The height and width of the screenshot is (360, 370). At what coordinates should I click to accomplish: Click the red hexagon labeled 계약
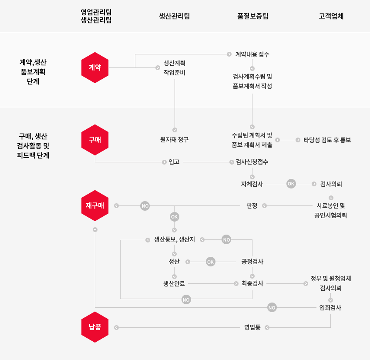[x=95, y=67]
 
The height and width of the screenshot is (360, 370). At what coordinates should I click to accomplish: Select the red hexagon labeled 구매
[x=95, y=140]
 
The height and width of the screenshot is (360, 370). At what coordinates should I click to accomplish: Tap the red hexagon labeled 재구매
[x=95, y=205]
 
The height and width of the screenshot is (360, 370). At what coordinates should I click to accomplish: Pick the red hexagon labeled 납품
[x=95, y=327]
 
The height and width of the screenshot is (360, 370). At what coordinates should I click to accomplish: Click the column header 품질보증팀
[x=252, y=17]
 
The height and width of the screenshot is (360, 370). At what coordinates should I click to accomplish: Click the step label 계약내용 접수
[x=252, y=54]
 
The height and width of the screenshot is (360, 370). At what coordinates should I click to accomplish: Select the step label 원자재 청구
[x=175, y=140]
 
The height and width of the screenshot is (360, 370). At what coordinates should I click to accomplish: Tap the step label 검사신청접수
[x=252, y=162]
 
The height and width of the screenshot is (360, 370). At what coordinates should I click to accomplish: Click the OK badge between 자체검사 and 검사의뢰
[x=291, y=184]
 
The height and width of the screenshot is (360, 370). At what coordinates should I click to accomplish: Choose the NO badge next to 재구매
[x=145, y=205]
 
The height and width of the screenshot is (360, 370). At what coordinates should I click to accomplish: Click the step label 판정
[x=252, y=205]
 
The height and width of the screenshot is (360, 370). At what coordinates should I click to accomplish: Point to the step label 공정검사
[x=252, y=262]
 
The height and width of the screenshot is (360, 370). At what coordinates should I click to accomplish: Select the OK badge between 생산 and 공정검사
[x=211, y=262]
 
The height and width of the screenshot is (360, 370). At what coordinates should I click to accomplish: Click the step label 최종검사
[x=252, y=283]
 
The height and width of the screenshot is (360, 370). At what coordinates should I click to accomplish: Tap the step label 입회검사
[x=330, y=308]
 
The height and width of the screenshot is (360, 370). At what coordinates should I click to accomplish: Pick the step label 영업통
[x=252, y=327]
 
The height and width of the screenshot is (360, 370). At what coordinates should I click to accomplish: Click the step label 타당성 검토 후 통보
[x=327, y=140]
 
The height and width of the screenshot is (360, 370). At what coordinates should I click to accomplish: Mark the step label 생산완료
[x=174, y=283]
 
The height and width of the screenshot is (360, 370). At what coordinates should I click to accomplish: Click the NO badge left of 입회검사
[x=272, y=308]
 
